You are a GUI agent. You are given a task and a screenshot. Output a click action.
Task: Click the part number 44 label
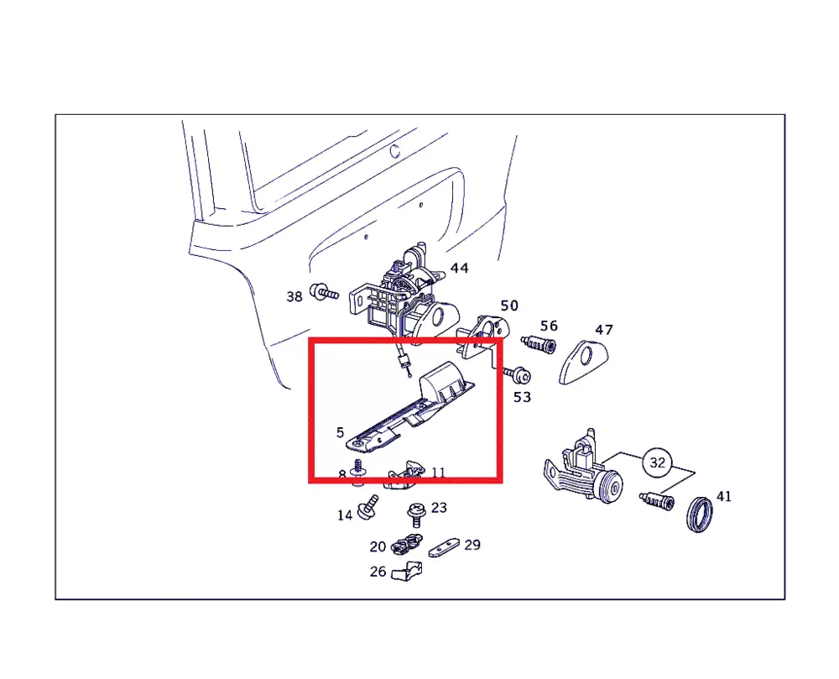click(459, 268)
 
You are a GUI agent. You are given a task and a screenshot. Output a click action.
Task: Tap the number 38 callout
click(294, 296)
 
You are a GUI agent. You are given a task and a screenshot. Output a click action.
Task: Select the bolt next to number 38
click(324, 292)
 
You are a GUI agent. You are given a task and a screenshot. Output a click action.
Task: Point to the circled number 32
click(657, 462)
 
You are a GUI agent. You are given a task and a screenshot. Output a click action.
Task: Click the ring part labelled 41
click(700, 514)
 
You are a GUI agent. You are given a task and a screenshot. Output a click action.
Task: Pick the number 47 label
click(603, 330)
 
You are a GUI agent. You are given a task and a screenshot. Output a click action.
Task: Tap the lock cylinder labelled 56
click(539, 343)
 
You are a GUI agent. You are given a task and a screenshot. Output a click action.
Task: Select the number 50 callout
click(509, 306)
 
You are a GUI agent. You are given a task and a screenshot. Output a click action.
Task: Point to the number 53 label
click(522, 397)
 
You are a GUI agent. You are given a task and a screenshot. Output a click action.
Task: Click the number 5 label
click(340, 432)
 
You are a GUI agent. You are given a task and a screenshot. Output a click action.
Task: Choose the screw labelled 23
click(414, 514)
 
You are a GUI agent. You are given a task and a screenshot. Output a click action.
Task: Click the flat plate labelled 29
click(444, 548)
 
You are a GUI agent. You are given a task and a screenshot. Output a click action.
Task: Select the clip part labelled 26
click(407, 571)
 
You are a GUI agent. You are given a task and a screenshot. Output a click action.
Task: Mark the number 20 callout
click(378, 547)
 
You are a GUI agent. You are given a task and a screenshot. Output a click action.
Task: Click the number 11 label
click(438, 473)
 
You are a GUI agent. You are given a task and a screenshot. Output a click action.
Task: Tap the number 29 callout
click(472, 545)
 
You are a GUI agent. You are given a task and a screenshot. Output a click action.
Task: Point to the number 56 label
click(549, 326)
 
